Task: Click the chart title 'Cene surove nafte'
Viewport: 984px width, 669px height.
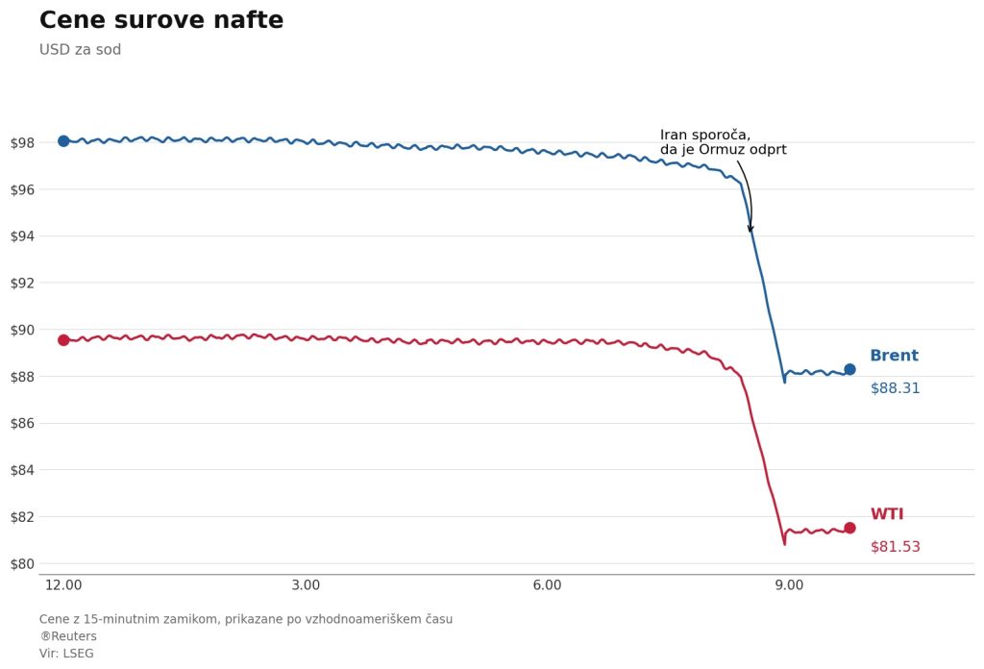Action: (x=161, y=21)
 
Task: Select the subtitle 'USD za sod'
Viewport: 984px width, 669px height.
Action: (x=80, y=50)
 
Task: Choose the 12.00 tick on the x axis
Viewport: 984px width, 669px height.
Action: (x=63, y=585)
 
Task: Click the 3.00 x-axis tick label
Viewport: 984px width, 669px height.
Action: (x=306, y=585)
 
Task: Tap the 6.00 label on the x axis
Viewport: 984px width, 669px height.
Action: (x=547, y=585)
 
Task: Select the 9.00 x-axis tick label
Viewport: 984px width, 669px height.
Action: (x=789, y=585)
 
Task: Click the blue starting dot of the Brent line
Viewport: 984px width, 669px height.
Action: (x=63, y=141)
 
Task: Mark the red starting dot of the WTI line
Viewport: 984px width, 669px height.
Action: (x=63, y=340)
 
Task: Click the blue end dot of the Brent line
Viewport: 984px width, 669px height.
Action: (x=849, y=369)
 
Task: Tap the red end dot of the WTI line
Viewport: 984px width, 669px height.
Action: (x=849, y=528)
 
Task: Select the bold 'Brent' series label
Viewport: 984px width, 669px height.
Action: (x=894, y=356)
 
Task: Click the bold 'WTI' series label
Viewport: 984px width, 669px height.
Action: (x=887, y=514)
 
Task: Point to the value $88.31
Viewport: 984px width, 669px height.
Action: (x=895, y=388)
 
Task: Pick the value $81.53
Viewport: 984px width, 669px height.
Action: (x=895, y=547)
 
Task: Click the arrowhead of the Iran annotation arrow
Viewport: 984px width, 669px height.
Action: (x=750, y=230)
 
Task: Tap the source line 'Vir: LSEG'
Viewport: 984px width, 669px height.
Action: (x=66, y=654)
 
